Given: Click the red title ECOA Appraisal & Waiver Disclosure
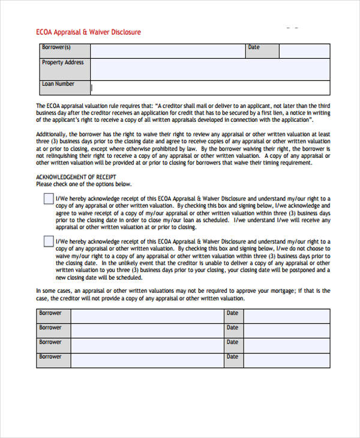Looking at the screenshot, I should coord(89,32).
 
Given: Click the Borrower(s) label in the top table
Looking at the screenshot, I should coord(56,47).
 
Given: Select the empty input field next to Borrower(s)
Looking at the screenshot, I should coord(167,51).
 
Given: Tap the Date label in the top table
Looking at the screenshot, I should coord(254,47).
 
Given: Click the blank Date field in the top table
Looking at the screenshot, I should coord(304,51).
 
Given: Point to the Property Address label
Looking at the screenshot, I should coord(63,62).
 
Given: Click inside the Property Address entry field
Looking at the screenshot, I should coord(209,66).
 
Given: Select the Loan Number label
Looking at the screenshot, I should coord(58,84).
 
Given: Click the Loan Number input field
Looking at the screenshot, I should coord(209,88).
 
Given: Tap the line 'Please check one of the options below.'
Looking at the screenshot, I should coord(83,184).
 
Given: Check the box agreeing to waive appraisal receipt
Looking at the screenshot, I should coord(48,200).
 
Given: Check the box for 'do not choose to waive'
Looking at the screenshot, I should coord(48,241).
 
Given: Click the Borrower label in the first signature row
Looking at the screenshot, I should coord(50,313).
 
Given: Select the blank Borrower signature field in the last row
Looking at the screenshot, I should coord(147,360).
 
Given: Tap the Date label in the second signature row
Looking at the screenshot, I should coord(232,328).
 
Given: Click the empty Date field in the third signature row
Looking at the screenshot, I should coord(286,346).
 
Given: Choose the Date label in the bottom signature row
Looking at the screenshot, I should coord(232,356).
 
